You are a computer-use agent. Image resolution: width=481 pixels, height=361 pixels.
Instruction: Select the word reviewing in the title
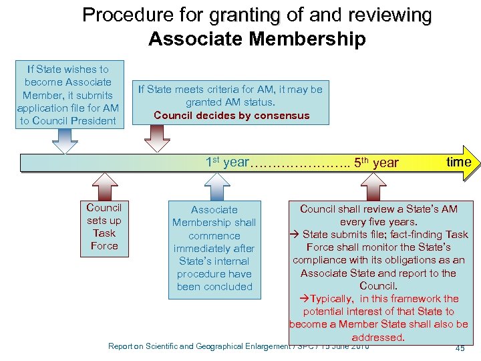pyautogui.click(x=389, y=15)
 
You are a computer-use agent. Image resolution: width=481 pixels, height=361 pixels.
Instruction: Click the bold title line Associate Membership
pyautogui.click(x=257, y=39)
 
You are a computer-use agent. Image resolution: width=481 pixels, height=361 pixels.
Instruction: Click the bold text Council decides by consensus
pyautogui.click(x=231, y=115)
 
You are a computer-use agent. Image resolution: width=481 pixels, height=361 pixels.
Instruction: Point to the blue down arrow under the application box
pyautogui.click(x=64, y=140)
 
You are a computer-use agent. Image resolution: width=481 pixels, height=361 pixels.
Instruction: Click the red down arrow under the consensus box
pyautogui.click(x=157, y=139)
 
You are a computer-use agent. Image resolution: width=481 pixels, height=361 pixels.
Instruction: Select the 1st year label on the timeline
pyautogui.click(x=226, y=162)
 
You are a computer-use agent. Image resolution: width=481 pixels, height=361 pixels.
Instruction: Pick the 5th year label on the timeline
pyautogui.click(x=377, y=162)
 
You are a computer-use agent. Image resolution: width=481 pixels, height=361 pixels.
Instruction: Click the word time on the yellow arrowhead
pyautogui.click(x=458, y=162)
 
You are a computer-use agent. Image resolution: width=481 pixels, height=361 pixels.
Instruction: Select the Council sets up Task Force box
pyautogui.click(x=104, y=227)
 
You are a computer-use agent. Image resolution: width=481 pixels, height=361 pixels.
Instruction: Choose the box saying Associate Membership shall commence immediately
pyautogui.click(x=214, y=248)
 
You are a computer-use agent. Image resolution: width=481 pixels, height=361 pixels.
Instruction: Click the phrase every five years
pyautogui.click(x=378, y=221)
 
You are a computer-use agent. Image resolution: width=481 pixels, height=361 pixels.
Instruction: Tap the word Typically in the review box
pyautogui.click(x=332, y=299)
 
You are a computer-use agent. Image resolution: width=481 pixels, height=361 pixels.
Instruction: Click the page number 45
pyautogui.click(x=460, y=348)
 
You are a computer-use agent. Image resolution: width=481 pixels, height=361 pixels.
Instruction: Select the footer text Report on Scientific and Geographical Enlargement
pyautogui.click(x=200, y=346)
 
